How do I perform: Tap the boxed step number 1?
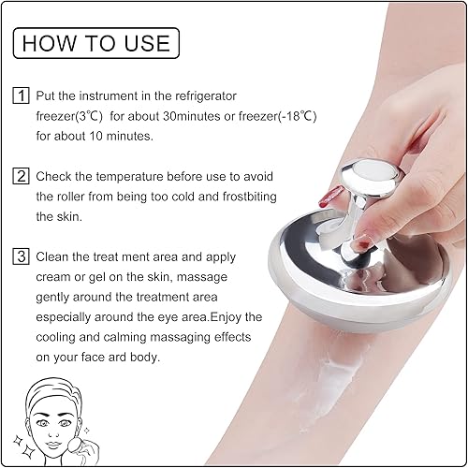click(21, 96)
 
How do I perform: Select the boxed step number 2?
click(21, 176)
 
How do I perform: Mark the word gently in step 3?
click(55, 297)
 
